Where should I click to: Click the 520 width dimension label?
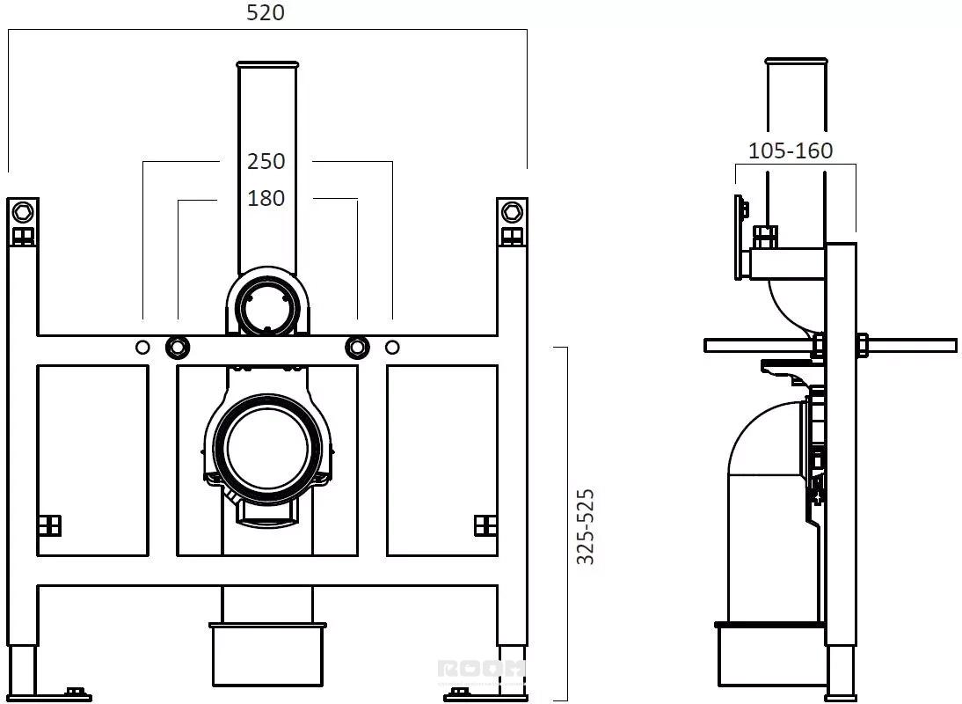click(x=266, y=13)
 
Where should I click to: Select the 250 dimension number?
click(x=266, y=161)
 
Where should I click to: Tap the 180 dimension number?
click(x=266, y=199)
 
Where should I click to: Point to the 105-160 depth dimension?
click(x=790, y=151)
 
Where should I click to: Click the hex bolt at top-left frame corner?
click(x=23, y=212)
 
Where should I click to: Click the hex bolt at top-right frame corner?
click(x=511, y=212)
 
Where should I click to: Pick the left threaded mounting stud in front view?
click(x=177, y=348)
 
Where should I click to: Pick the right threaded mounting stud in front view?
click(x=356, y=348)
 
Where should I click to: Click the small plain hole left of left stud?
click(x=142, y=348)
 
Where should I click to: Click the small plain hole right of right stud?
click(x=392, y=348)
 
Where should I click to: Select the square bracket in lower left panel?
click(x=49, y=525)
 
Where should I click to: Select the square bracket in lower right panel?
click(x=485, y=525)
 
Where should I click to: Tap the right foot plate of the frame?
click(x=466, y=694)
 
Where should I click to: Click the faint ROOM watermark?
click(x=481, y=671)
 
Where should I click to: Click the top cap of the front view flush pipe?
click(x=266, y=63)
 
